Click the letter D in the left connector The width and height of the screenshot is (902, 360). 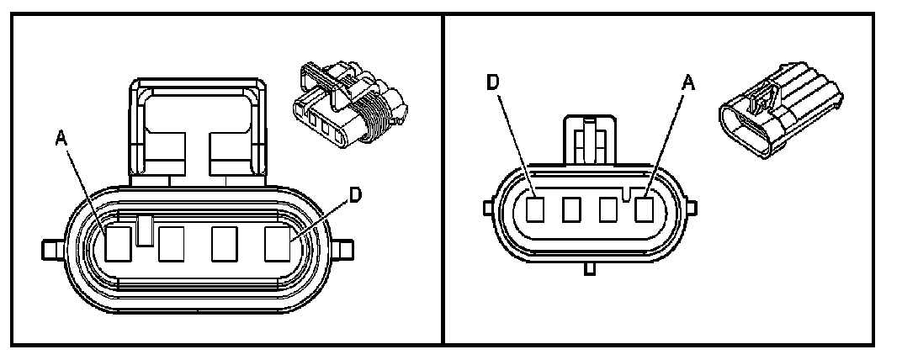pos(355,195)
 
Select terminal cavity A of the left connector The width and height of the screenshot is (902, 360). pos(117,245)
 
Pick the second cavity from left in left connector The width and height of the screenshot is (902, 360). pos(172,245)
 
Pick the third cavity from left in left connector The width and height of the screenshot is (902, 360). pos(225,245)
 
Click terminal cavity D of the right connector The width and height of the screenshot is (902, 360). pos(535,209)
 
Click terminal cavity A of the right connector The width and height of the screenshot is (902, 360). pos(644,209)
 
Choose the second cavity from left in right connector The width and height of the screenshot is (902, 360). pos(571,209)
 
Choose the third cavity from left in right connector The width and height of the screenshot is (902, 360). pos(608,209)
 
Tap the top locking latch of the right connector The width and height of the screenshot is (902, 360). pos(592,139)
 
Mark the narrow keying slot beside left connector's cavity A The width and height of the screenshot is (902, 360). pos(143,230)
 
